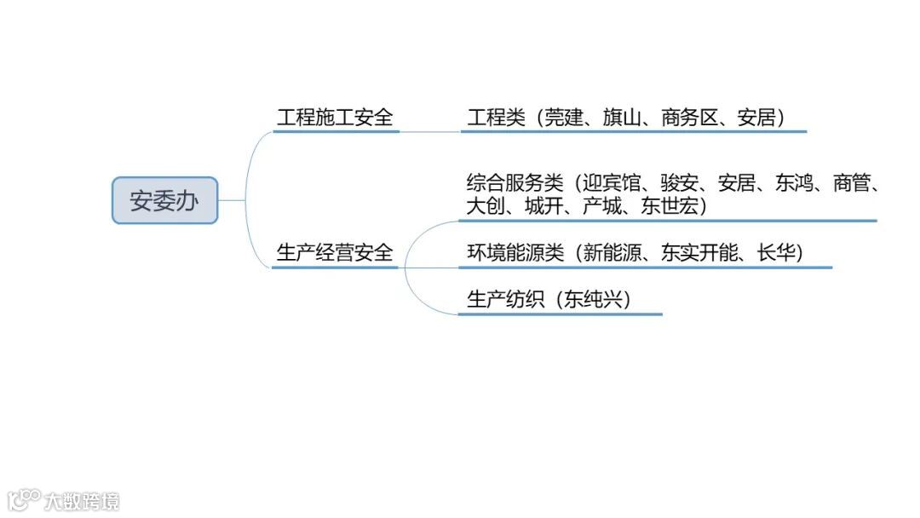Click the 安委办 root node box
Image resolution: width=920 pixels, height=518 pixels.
point(164,201)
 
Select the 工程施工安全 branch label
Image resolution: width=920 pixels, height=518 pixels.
point(335,118)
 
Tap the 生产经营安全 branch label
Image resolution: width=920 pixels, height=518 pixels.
point(335,253)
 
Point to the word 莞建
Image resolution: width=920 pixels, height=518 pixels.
point(566,118)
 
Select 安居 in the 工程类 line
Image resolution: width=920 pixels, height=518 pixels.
point(756,118)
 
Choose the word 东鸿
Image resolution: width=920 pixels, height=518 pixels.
point(794,183)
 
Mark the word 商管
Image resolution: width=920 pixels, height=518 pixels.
point(851,183)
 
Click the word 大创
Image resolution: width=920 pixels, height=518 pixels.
point(486,206)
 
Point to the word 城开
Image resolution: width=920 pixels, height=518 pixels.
point(543,206)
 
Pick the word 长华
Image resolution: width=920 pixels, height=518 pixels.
point(775,253)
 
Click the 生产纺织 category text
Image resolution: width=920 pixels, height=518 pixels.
point(505,300)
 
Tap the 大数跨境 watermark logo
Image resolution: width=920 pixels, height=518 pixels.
point(63,500)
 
